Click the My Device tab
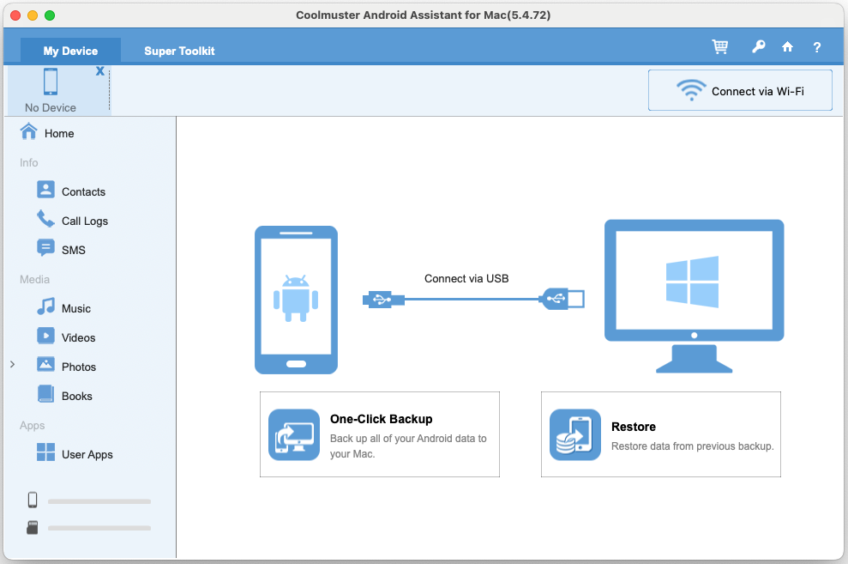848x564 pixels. pos(70,51)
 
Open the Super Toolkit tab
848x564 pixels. pos(179,51)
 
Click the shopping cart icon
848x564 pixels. pos(720,47)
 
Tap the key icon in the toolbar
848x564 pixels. pos(758,47)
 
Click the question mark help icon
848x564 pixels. pos(817,47)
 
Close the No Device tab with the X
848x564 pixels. pos(100,71)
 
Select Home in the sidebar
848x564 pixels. pos(59,133)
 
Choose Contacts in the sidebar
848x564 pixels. pos(83,191)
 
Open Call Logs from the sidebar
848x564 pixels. pos(84,221)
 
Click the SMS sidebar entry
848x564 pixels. pos(73,250)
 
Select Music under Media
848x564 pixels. pos(75,308)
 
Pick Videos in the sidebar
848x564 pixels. pos(78,337)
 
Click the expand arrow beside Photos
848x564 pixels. pos(12,365)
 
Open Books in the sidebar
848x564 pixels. pos(76,396)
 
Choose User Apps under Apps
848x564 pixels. pos(87,454)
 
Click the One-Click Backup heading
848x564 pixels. pos(381,419)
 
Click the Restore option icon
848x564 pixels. pos(574,435)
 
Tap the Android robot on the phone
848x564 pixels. pos(296,297)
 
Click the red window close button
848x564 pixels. pos(15,15)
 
